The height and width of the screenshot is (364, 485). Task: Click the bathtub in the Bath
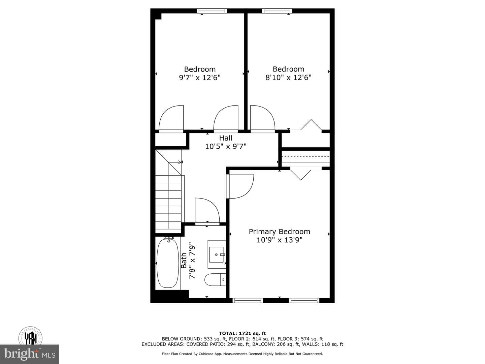point(168,263)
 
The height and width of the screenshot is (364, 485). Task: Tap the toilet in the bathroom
point(215,280)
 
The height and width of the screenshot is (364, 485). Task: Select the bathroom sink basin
point(216,254)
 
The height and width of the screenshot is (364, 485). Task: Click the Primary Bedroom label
point(279,232)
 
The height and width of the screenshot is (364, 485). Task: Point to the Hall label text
point(226,138)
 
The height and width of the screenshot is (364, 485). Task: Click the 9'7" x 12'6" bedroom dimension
point(200,78)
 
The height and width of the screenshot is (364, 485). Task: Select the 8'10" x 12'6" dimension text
point(288,78)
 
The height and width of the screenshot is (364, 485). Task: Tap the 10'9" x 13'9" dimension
point(279,240)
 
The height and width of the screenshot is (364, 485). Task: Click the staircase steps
point(168,202)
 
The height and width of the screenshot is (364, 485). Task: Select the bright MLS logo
point(30,354)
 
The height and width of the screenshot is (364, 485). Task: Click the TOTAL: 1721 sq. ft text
point(243,333)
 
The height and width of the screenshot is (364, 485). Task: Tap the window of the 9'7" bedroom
point(212,11)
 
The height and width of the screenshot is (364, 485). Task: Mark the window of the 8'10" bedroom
point(277,11)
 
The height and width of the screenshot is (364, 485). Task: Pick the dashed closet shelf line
point(306,156)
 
